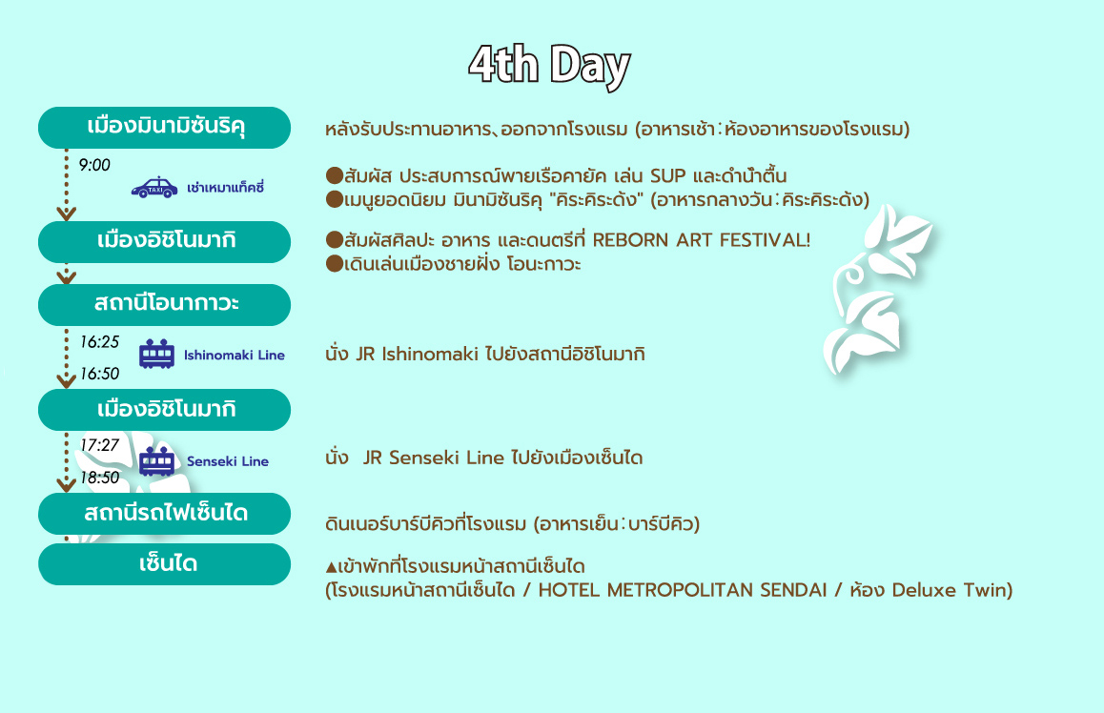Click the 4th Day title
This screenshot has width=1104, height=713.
549,66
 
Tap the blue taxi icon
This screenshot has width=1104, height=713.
154,187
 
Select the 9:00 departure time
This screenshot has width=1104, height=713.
94,165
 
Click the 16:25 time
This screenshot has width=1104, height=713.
99,342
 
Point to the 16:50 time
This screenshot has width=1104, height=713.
99,374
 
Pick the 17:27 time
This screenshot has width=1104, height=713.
99,445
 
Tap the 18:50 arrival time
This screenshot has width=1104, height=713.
99,478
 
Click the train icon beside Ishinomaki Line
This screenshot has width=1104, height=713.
156,354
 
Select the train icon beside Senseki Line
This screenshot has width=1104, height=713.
156,461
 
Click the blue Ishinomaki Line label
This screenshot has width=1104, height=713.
235,355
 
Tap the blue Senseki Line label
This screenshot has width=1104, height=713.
228,461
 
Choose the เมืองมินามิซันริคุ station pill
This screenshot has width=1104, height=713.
164,128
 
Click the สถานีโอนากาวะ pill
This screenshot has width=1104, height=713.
164,305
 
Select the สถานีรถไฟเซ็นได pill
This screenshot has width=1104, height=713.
164,514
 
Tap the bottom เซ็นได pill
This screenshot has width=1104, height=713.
164,564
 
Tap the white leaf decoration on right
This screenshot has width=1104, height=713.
876,289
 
